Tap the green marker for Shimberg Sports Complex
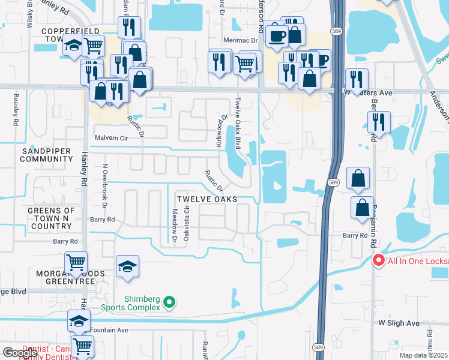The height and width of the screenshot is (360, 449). pyautogui.click(x=170, y=302)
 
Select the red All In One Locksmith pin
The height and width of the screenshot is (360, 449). pyautogui.click(x=378, y=260)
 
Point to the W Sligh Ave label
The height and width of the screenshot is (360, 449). pyautogui.click(x=399, y=323)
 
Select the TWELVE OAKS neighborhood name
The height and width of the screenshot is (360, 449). pyautogui.click(x=206, y=199)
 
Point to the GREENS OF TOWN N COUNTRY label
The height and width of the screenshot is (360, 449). pyautogui.click(x=51, y=218)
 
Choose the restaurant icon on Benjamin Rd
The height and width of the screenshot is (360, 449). pyautogui.click(x=379, y=122)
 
